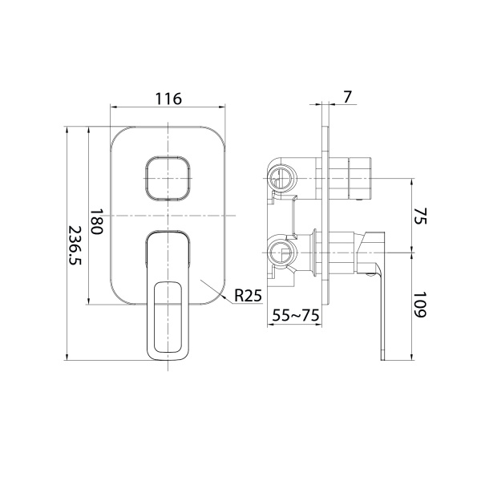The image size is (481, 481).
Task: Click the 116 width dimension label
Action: point(168,99)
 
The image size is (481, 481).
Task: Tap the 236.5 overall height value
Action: point(74,244)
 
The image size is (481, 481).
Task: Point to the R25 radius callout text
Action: point(249,296)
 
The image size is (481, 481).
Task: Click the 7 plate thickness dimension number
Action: point(346,97)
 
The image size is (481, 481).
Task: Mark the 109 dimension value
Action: point(422,305)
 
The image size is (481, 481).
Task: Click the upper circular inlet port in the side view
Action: point(281,177)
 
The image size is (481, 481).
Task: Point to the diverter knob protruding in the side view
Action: point(357,178)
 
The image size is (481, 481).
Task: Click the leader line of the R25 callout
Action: point(220,289)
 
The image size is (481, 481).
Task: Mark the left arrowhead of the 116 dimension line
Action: point(112,107)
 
